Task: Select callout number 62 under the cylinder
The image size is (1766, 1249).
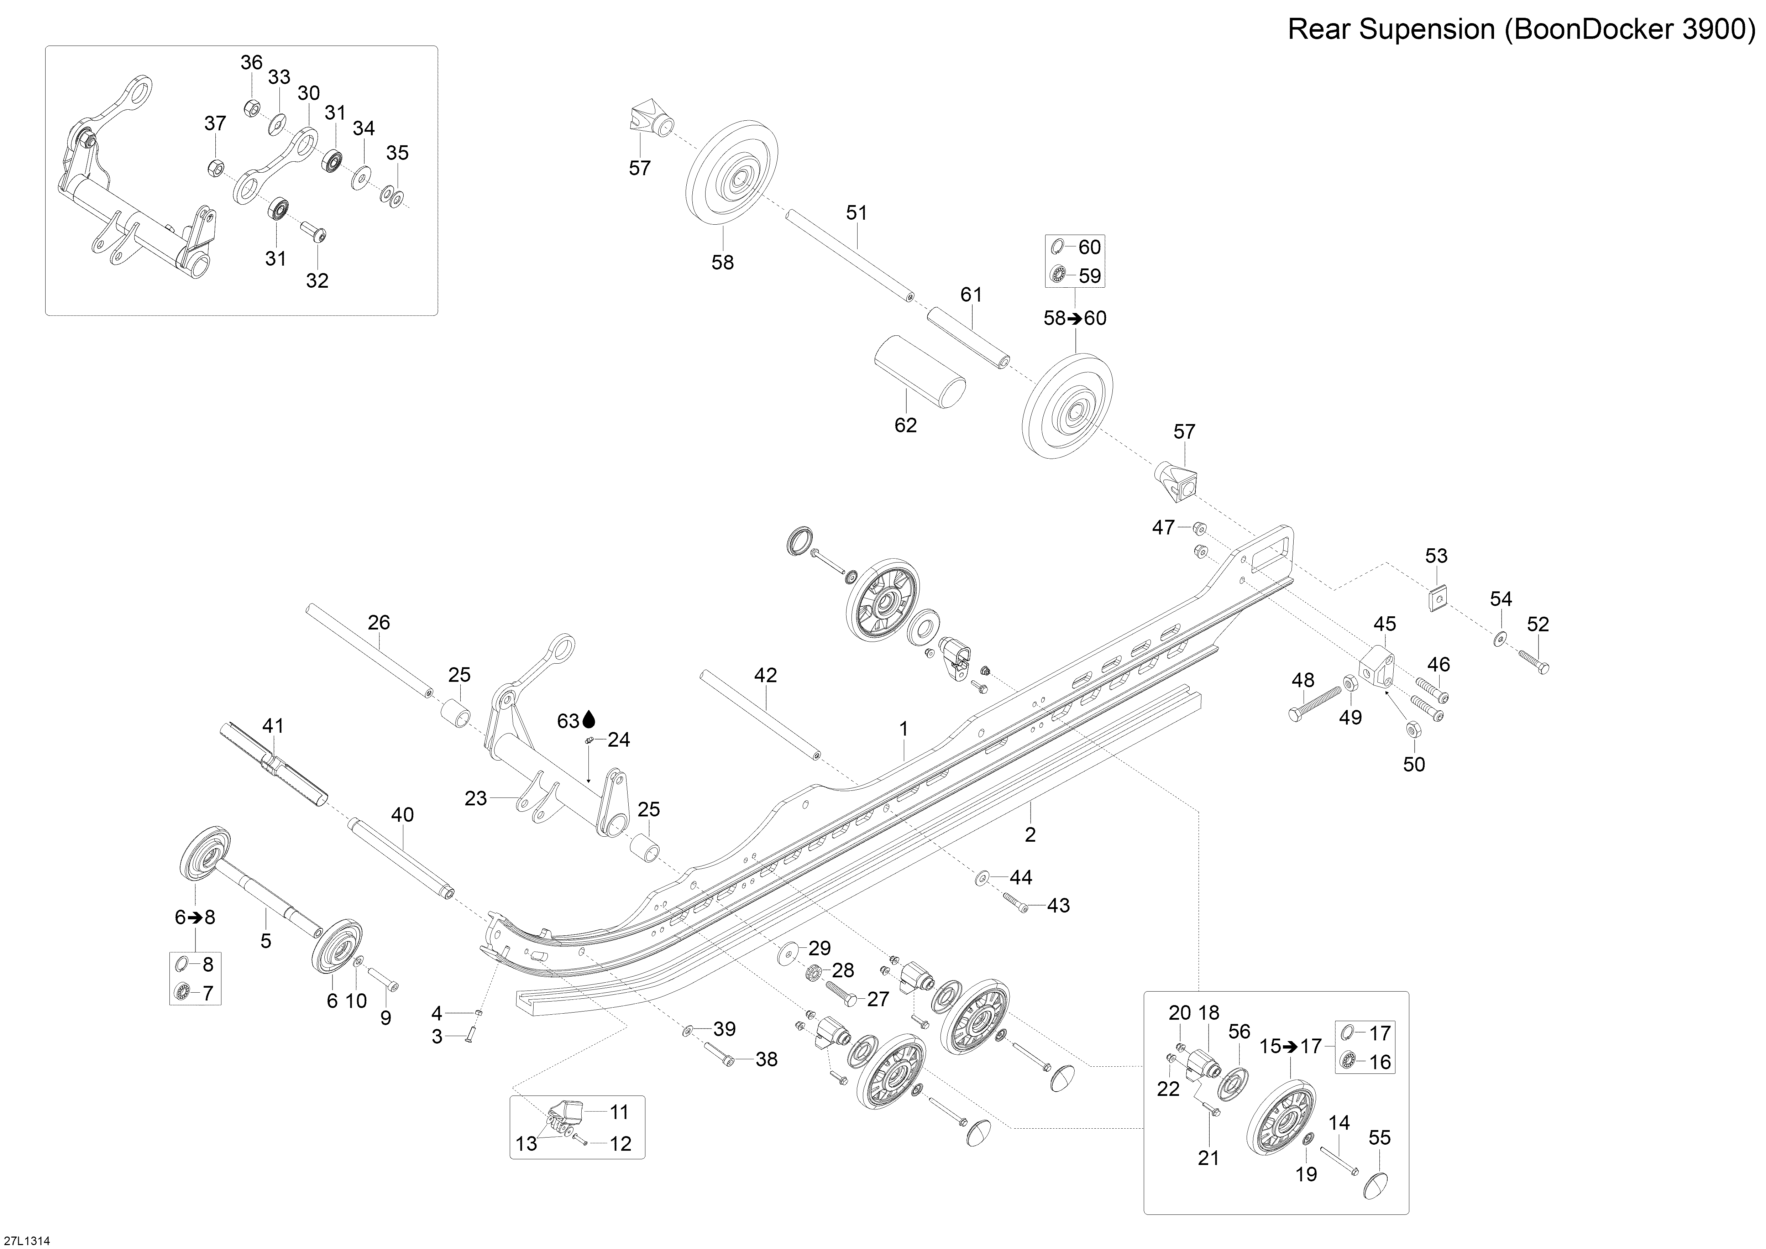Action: click(905, 425)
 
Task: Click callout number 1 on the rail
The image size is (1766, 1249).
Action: click(905, 728)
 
